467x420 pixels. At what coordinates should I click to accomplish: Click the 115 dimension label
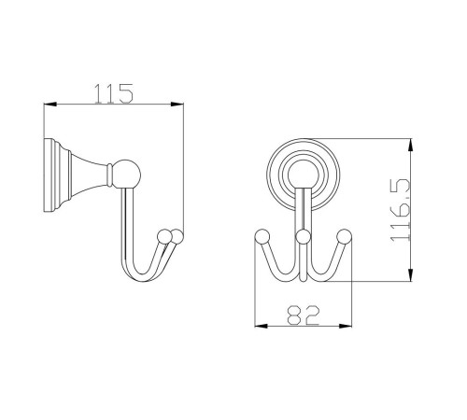click(114, 93)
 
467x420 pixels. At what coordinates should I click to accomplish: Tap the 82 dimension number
click(303, 315)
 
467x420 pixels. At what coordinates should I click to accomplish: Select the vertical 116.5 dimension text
click(401, 210)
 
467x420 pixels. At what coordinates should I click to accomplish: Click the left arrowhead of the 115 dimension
click(50, 105)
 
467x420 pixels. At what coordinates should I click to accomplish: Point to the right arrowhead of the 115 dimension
click(177, 105)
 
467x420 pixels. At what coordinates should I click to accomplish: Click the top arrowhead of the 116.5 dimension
click(411, 146)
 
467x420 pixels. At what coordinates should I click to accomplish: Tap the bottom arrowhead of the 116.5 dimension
click(411, 274)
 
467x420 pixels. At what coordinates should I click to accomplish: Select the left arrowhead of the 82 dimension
click(262, 326)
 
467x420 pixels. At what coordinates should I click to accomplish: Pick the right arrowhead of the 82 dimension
click(345, 326)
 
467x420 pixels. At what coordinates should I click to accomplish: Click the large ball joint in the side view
click(126, 175)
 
